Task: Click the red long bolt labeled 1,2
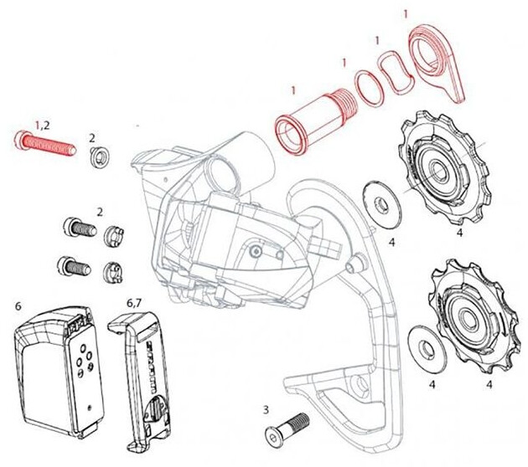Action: [44, 144]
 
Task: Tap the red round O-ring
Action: [369, 89]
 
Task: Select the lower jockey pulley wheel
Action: [474, 316]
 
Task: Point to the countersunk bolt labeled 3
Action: [287, 431]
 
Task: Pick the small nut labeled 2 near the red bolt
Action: [99, 157]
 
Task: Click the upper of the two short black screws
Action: [80, 228]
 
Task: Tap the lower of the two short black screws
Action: [74, 266]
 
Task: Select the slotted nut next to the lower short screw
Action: [113, 272]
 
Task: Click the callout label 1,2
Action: [43, 126]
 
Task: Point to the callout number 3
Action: [266, 410]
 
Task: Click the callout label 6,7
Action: [134, 303]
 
